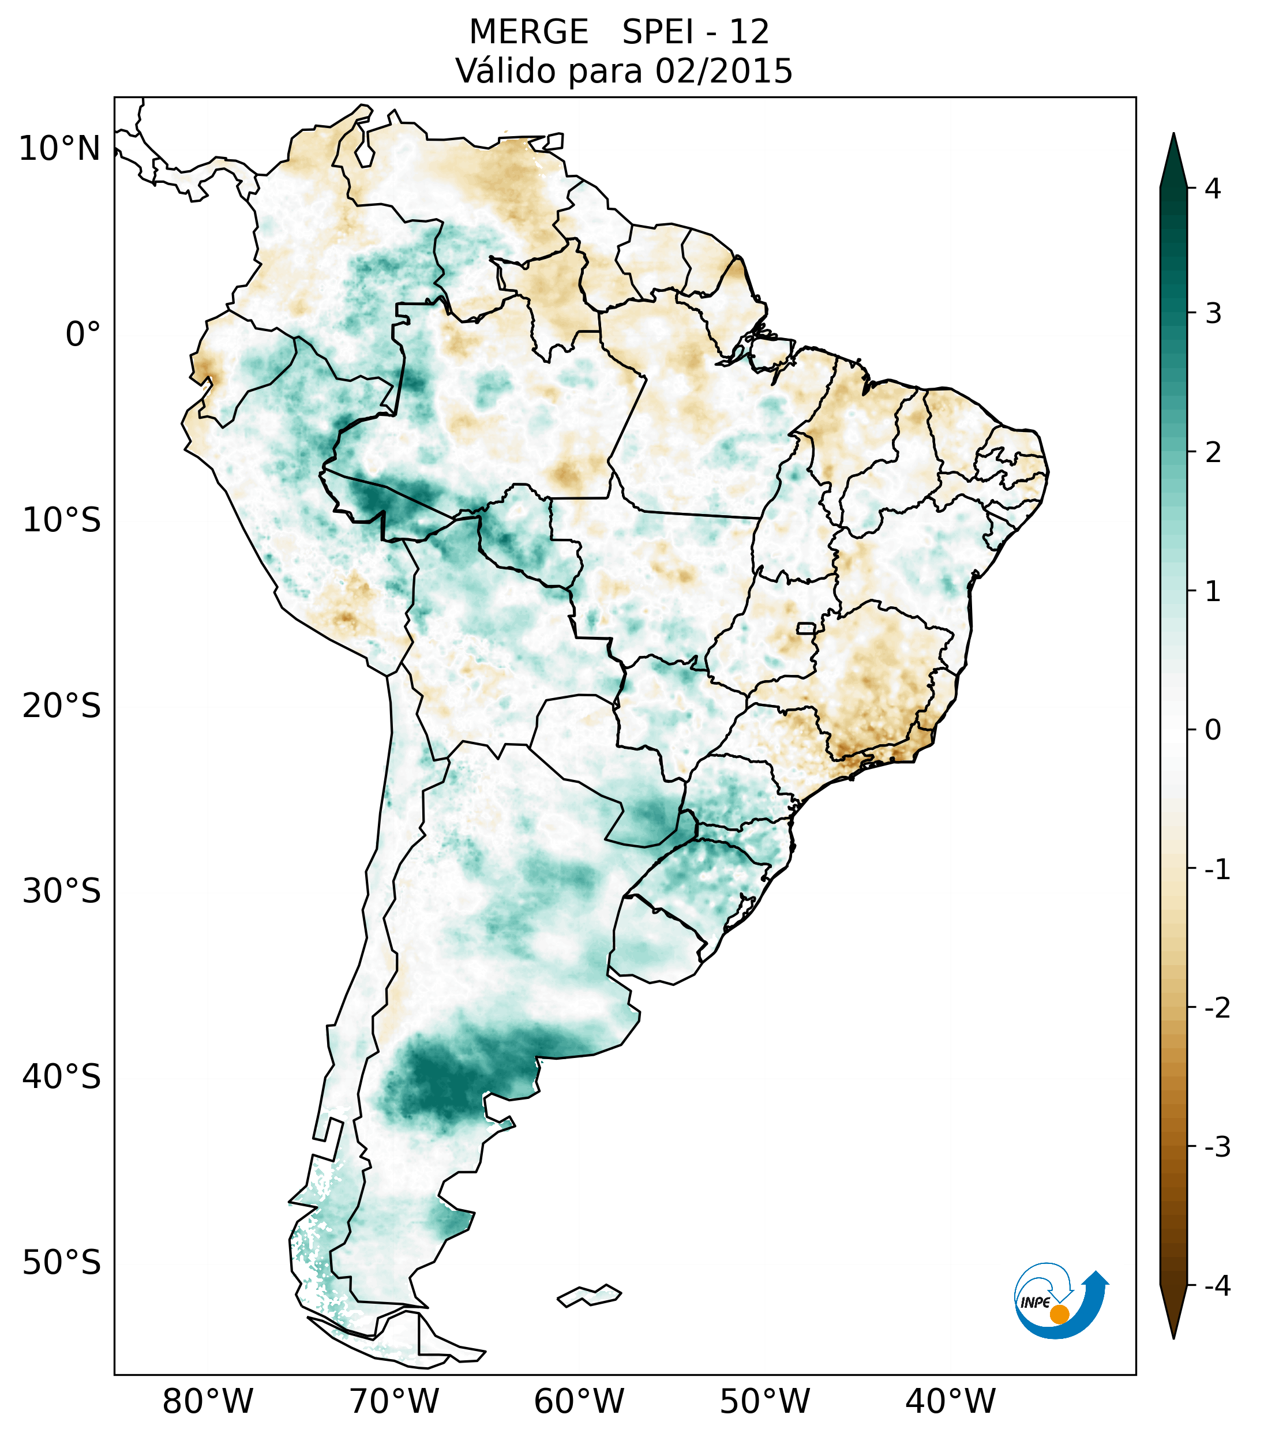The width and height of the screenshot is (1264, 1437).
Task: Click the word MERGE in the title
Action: click(528, 32)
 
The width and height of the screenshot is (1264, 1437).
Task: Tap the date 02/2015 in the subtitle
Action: click(723, 71)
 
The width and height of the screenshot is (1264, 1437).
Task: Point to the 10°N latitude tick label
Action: click(60, 149)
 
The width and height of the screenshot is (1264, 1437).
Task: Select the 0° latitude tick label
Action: click(83, 335)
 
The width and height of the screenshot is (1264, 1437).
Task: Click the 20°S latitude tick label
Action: click(62, 706)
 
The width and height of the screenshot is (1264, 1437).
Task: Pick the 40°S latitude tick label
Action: click(62, 1077)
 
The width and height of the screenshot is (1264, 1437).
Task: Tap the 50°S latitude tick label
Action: click(62, 1263)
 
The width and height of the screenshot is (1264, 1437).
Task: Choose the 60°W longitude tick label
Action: click(579, 1401)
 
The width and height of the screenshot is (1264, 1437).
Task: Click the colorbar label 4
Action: click(1213, 189)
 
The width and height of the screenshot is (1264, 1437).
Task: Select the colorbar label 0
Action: click(1213, 730)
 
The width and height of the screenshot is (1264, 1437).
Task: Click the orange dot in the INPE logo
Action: click(1059, 1314)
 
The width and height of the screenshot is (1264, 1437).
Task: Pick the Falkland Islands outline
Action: click(589, 1295)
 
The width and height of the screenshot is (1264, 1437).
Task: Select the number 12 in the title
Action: click(749, 32)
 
